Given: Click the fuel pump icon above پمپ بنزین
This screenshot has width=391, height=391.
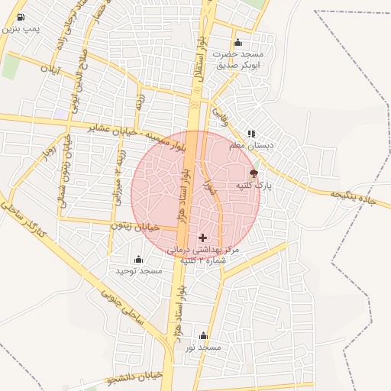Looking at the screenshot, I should pos(20,17).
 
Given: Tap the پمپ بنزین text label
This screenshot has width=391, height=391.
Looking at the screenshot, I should pos(21,28).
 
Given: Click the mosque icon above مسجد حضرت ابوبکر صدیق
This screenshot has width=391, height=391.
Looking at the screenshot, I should pos(238,43).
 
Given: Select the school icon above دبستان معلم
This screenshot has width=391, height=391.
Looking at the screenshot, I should pos(251,134).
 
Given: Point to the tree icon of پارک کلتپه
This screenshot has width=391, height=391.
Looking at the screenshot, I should pos(254,175).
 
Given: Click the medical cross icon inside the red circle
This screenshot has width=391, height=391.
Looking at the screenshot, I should pos(202,238).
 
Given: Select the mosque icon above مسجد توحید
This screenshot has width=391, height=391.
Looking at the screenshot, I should pos(138,260).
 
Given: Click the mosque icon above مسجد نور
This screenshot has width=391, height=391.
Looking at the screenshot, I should pos(203,336).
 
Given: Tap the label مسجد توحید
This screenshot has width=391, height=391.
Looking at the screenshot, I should pos(139,271).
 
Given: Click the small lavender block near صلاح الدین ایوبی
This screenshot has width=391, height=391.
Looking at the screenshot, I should pos(60,114).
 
